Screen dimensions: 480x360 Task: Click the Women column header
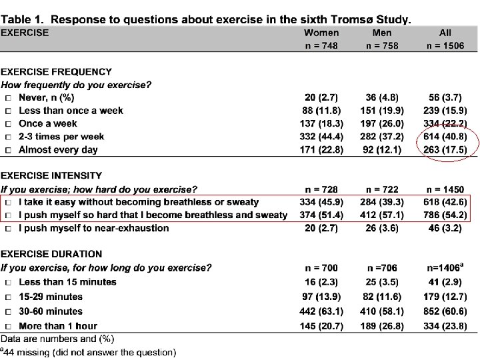pos(321,33)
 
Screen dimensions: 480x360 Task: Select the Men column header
pos(382,33)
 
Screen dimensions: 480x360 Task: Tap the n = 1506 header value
pos(445,45)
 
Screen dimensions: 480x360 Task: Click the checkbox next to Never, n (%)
pos(8,98)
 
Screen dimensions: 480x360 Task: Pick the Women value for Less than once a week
pos(321,111)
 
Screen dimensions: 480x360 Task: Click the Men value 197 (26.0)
pos(382,124)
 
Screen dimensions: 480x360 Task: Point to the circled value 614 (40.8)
pos(445,137)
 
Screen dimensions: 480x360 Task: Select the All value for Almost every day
pos(445,150)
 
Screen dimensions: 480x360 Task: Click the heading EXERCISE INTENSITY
pos(51,175)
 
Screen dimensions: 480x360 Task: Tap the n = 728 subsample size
pos(321,189)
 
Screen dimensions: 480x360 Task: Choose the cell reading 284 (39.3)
pos(382,202)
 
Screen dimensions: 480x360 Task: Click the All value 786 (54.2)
pos(445,215)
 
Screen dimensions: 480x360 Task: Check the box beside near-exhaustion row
pos(8,229)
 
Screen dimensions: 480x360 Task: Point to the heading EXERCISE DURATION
pos(51,254)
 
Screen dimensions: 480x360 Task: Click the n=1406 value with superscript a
pos(445,268)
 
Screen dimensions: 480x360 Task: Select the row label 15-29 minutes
pos(51,297)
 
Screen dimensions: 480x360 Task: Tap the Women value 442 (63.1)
pos(321,311)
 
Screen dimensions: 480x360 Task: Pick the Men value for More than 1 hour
pos(382,326)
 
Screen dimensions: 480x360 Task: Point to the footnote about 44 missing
pos(88,352)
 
